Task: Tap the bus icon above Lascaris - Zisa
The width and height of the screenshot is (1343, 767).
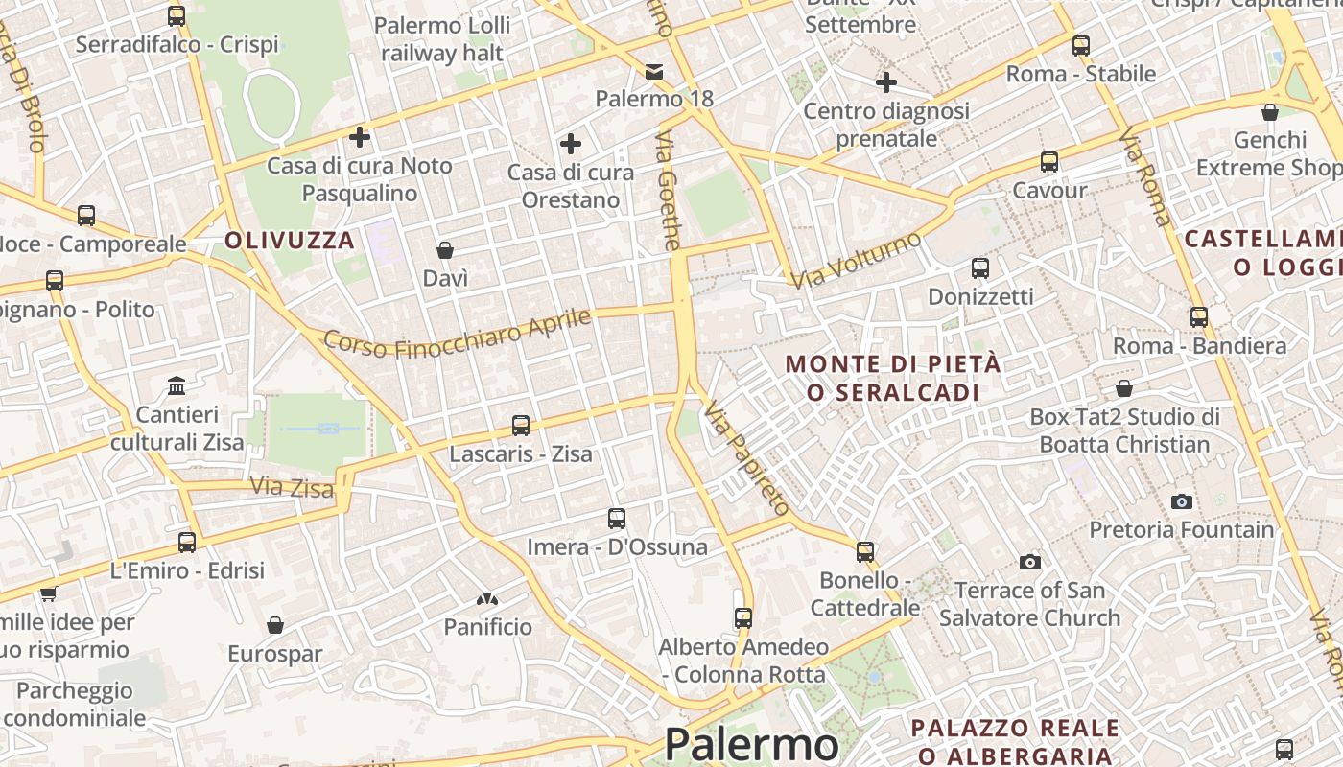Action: pyautogui.click(x=521, y=425)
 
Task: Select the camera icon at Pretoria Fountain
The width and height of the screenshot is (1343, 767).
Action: pyautogui.click(x=1182, y=501)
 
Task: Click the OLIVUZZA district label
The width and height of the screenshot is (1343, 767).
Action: pyautogui.click(x=290, y=241)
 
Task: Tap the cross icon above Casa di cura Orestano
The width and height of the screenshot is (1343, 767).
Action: pyautogui.click(x=571, y=145)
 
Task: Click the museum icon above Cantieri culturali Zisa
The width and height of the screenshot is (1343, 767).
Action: pyautogui.click(x=177, y=386)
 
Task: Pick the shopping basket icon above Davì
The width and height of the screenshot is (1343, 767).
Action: pyautogui.click(x=445, y=251)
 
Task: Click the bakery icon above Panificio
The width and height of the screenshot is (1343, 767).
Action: pyautogui.click(x=487, y=599)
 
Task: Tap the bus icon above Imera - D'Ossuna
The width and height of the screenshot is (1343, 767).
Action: pyautogui.click(x=617, y=519)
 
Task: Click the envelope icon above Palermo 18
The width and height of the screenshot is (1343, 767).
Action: pyautogui.click(x=654, y=71)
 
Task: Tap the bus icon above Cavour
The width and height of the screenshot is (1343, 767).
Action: pyautogui.click(x=1049, y=162)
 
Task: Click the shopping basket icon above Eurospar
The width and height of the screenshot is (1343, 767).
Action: pyautogui.click(x=275, y=626)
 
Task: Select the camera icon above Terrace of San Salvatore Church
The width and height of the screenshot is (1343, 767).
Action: pyautogui.click(x=1030, y=562)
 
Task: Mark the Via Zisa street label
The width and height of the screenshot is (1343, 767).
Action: pyautogui.click(x=292, y=487)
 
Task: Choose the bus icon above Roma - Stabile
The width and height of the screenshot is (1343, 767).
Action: pyautogui.click(x=1081, y=45)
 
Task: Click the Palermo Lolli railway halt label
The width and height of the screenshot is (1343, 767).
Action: pyautogui.click(x=442, y=39)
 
